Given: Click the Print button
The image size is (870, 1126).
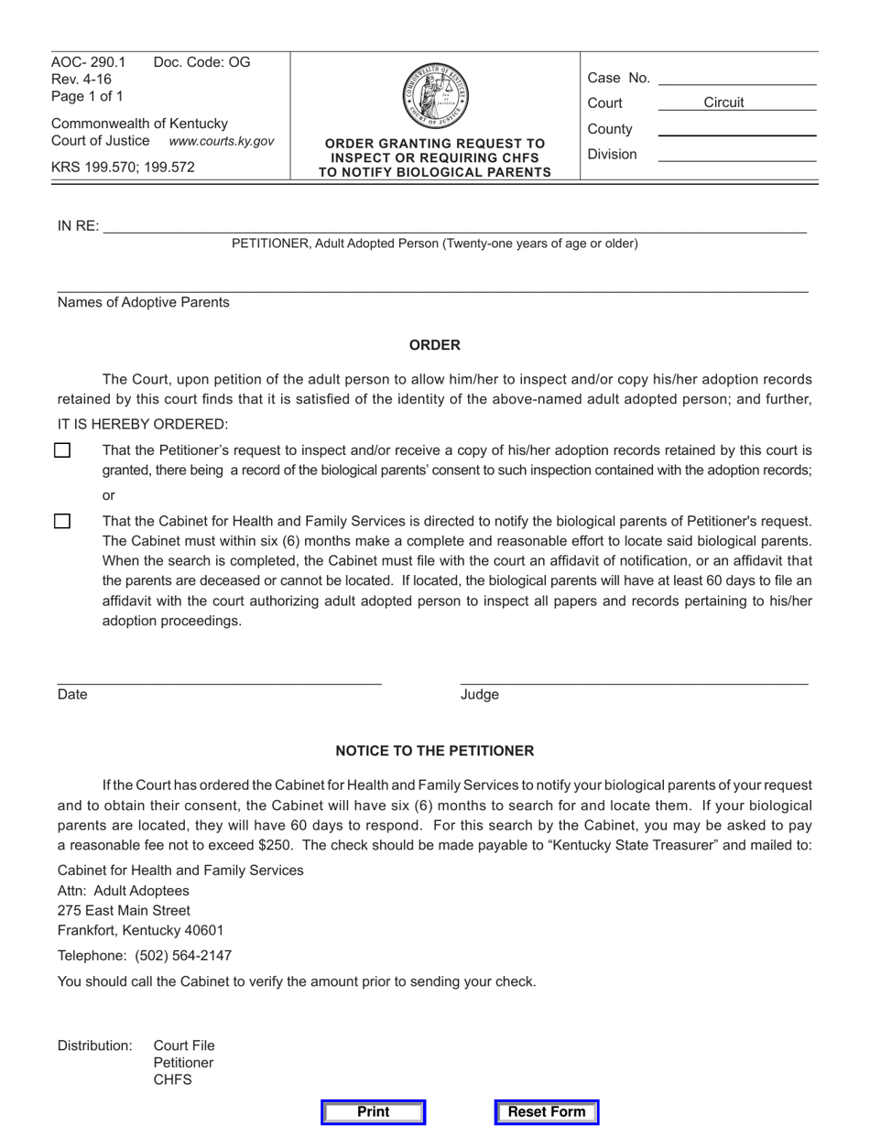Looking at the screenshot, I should (373, 1112).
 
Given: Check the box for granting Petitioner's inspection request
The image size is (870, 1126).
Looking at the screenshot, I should (62, 450).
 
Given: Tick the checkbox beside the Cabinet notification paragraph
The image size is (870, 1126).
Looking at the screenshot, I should (62, 521).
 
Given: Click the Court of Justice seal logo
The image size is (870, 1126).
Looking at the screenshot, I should (435, 95).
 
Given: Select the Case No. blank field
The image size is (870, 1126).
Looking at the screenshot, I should (736, 78).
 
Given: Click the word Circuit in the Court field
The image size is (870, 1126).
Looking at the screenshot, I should (723, 103).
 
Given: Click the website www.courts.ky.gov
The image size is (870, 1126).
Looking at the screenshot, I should (221, 141).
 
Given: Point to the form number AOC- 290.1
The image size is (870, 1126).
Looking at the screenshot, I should (89, 62).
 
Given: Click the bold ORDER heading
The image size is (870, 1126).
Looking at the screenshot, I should (434, 345).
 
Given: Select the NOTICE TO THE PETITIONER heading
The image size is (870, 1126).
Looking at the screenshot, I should (434, 751).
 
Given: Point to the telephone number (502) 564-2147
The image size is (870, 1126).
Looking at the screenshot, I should (183, 956).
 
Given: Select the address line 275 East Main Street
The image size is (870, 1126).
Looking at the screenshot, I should (124, 911).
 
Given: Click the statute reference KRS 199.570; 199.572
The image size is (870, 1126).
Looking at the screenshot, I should (123, 167).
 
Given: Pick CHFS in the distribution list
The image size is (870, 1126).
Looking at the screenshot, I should (172, 1080).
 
